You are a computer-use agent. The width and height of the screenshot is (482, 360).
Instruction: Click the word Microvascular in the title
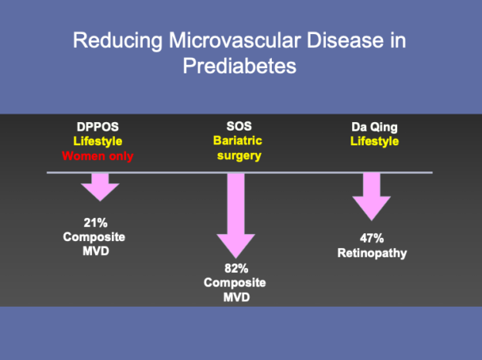(235, 40)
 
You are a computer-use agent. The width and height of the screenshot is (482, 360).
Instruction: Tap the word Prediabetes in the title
(239, 66)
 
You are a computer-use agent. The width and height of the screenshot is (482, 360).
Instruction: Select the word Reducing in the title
(117, 41)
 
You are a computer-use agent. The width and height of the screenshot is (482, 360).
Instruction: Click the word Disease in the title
(345, 40)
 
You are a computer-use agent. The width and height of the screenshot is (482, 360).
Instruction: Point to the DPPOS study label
(98, 127)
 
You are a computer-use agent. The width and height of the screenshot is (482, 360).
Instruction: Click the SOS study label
(239, 126)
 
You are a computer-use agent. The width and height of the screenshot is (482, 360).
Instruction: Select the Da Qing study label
(375, 127)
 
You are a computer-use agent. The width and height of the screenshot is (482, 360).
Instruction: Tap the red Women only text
(97, 156)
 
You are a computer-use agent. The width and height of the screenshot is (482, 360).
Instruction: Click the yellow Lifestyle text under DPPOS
(98, 141)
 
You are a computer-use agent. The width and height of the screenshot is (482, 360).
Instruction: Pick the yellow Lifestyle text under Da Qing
(375, 141)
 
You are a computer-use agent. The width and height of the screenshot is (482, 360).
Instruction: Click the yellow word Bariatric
(238, 141)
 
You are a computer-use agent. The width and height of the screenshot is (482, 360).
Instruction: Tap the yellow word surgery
(239, 155)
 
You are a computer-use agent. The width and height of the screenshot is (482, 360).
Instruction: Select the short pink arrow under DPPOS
(100, 187)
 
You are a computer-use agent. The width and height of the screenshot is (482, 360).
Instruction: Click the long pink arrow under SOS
(236, 216)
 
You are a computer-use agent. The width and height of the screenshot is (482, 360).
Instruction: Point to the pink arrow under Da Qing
(372, 197)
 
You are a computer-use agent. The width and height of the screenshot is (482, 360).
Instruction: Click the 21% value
(96, 222)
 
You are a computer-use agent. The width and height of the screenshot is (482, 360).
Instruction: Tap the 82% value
(236, 268)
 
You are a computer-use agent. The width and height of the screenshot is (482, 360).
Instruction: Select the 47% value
(372, 238)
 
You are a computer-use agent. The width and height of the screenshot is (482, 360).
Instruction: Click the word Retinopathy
(372, 253)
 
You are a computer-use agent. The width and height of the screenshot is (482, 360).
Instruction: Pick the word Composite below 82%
(235, 283)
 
